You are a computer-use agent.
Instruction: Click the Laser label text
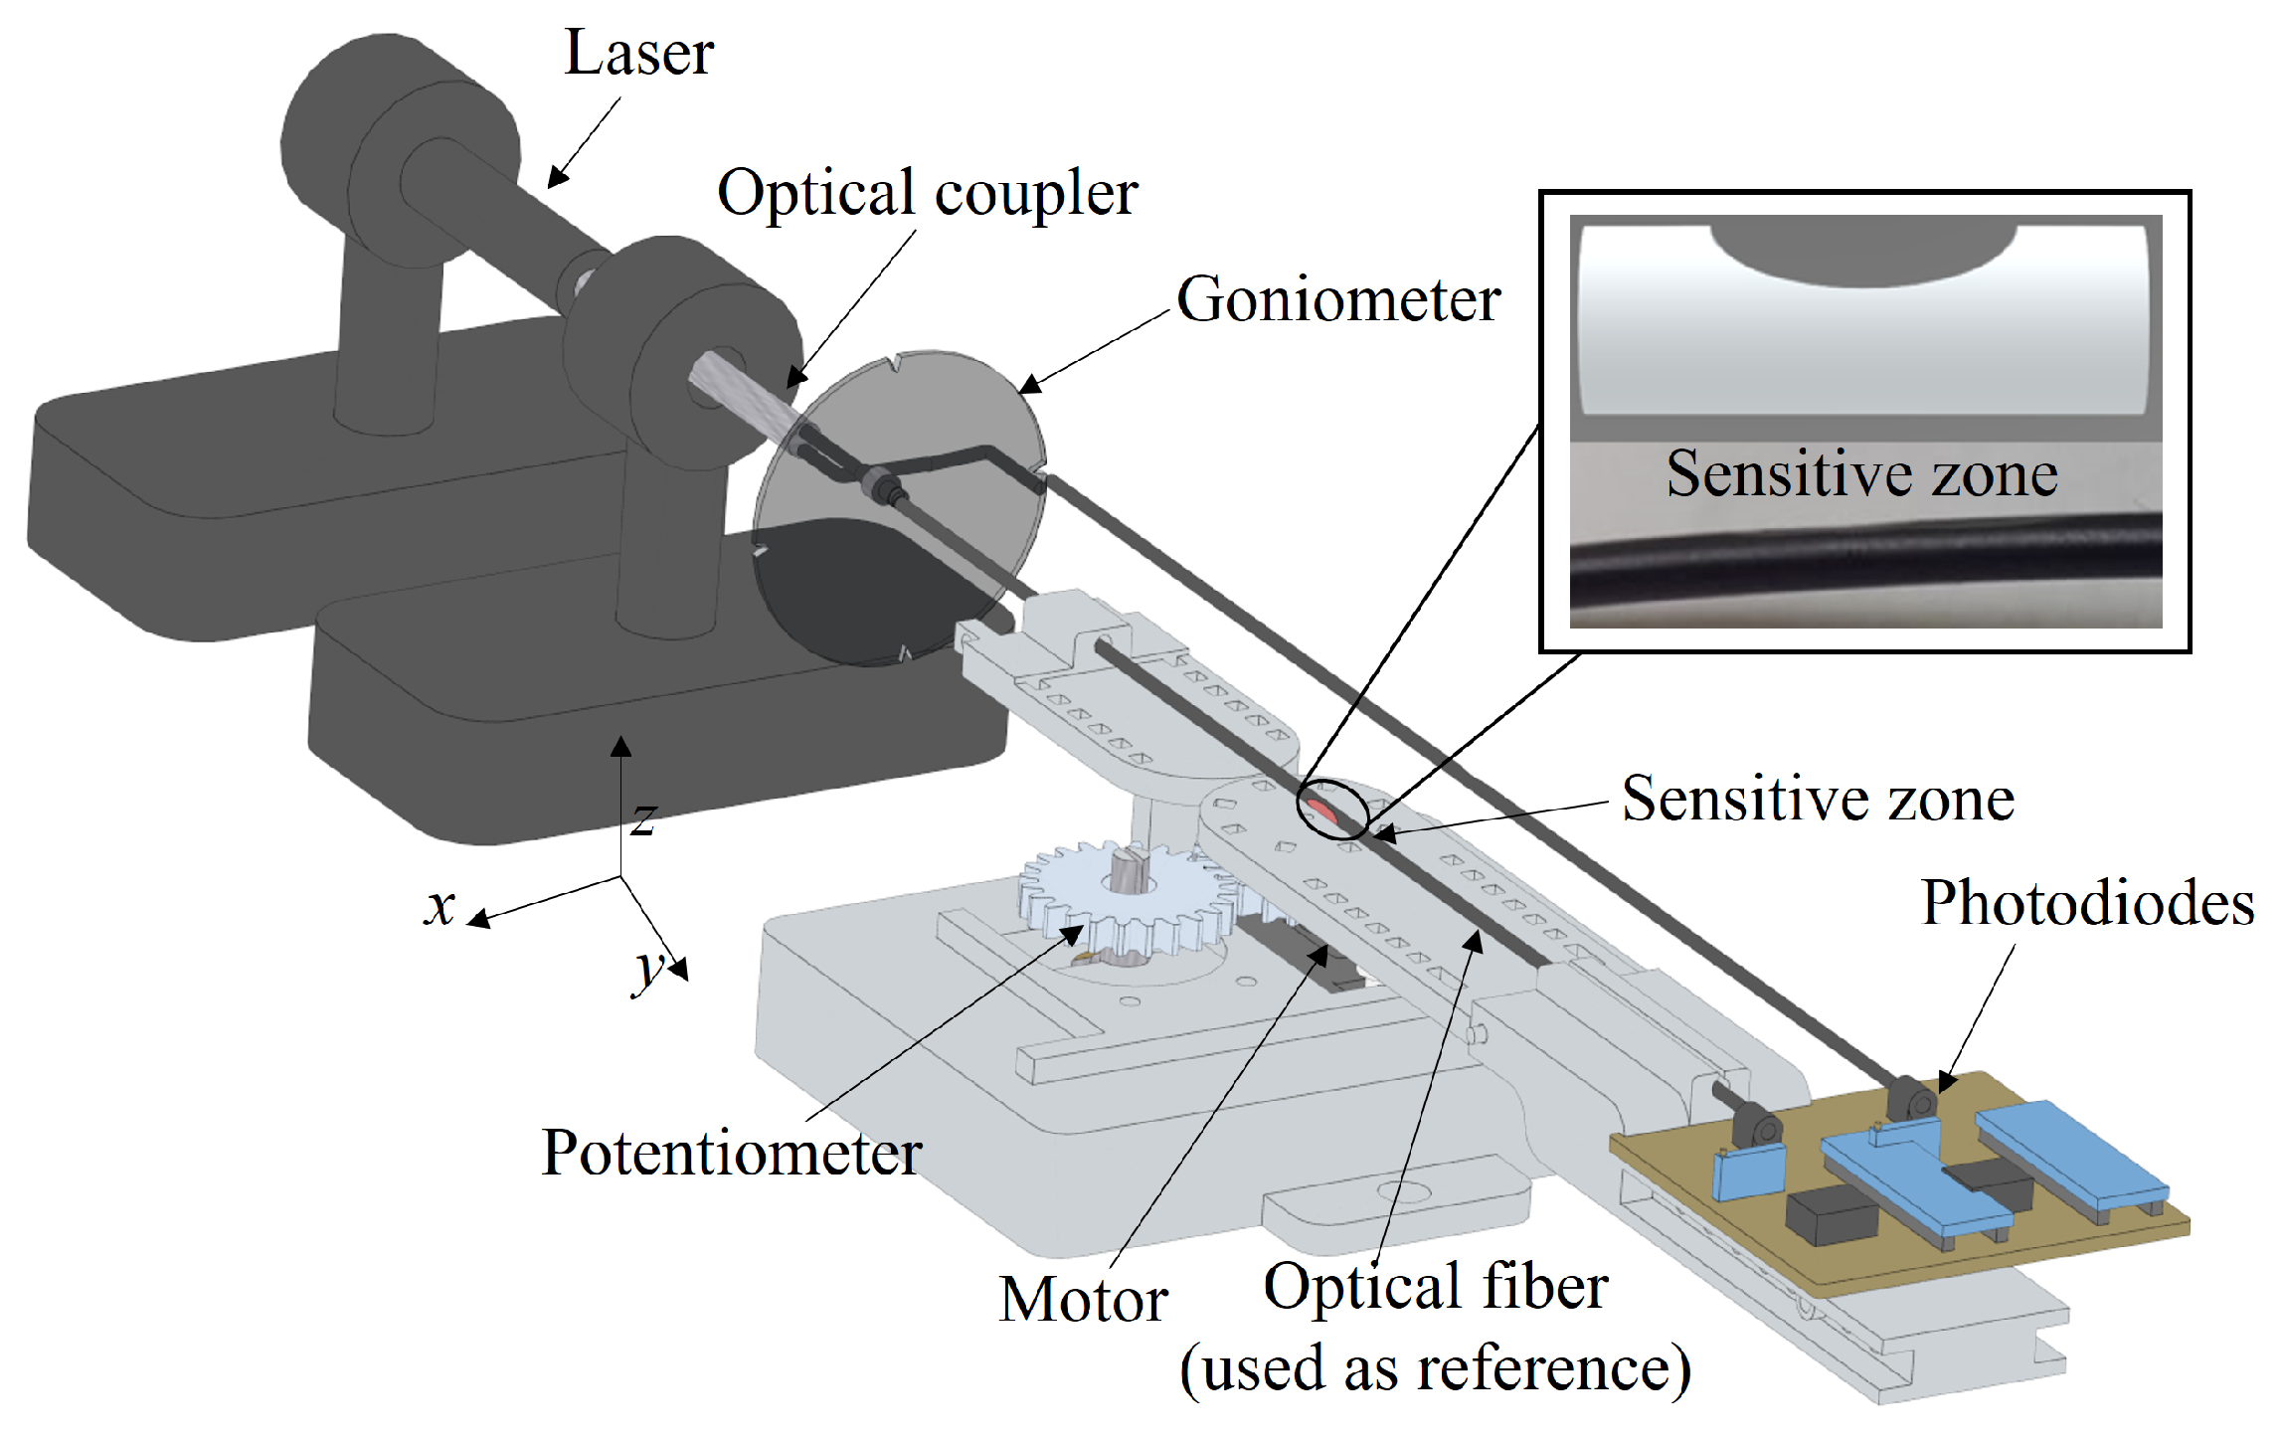coord(638,54)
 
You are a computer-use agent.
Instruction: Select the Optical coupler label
coord(927,194)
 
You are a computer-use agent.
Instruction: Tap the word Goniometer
coord(1337,299)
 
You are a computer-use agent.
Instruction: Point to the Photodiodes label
coord(2087,904)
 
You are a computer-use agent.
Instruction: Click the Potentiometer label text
coord(731,1154)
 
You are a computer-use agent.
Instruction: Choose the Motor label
coord(1083,1300)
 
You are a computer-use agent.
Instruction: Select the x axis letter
coord(439,907)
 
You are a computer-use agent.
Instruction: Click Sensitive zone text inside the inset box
coord(1861,473)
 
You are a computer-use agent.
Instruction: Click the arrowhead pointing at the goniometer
coord(1028,385)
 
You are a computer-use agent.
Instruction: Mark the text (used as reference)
coord(1435,1369)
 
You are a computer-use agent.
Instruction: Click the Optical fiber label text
coord(1435,1287)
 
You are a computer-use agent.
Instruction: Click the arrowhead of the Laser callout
coord(557,179)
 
